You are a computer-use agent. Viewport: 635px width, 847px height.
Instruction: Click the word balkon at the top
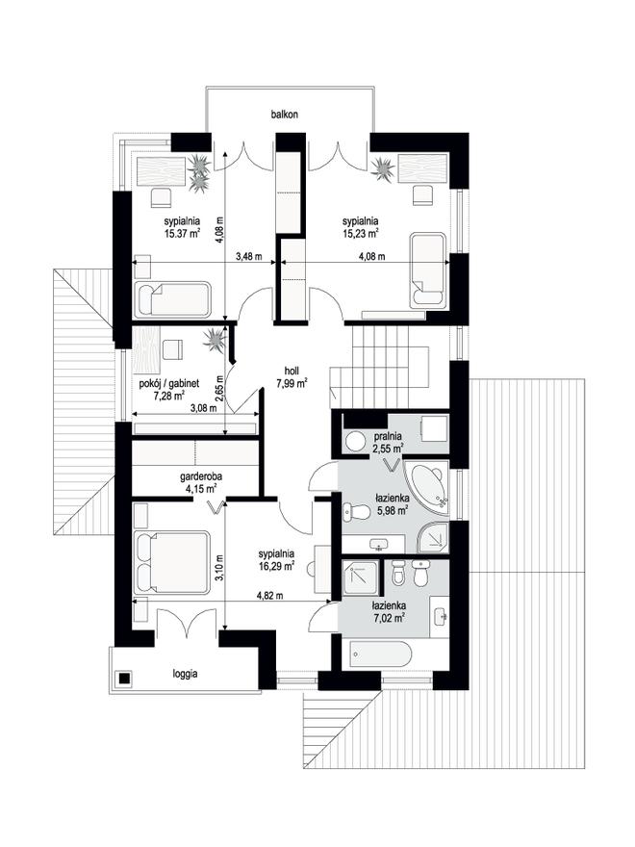coord(285,115)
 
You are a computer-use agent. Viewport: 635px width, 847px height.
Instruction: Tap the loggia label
coord(185,674)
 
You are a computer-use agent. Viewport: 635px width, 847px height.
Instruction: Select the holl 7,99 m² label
coord(292,377)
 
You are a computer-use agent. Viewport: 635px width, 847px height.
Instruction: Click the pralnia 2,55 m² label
coord(388,442)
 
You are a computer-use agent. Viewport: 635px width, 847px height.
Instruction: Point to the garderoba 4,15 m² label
coord(201,483)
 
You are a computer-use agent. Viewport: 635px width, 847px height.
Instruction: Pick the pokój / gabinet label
coord(169,383)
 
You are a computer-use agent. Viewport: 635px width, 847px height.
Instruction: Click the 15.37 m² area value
coord(183,233)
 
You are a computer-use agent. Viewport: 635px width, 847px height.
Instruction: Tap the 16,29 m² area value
coord(276,566)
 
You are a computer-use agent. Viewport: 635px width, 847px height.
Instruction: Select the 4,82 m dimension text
coord(270,596)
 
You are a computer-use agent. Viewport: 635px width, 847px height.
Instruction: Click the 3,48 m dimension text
coord(249,257)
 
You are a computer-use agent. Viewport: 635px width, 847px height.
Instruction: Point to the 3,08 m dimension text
coord(204,408)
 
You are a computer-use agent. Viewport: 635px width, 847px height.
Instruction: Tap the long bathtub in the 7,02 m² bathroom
coord(380,654)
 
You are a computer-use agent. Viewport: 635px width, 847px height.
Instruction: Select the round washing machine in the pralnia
coord(355,442)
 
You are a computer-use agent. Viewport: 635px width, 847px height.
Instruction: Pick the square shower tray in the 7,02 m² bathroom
coord(362,577)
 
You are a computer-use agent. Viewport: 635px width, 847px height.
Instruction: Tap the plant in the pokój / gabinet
coord(215,342)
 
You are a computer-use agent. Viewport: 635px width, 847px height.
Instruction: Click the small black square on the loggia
coord(125,678)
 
